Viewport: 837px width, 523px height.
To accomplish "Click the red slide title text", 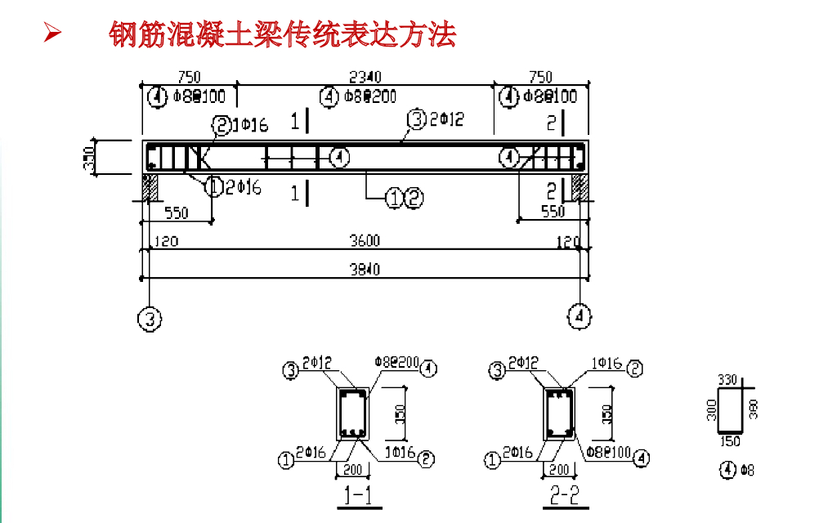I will (x=282, y=35).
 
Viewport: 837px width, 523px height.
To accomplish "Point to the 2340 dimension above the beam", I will (x=365, y=77).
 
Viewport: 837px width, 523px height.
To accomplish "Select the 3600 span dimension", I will (x=365, y=242).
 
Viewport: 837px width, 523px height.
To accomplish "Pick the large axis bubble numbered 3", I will (x=149, y=319).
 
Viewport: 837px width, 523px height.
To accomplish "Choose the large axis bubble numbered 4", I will (x=580, y=315).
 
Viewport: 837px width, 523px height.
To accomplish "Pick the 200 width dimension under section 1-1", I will (x=352, y=469).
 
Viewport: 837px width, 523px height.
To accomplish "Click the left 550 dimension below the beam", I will (x=176, y=213).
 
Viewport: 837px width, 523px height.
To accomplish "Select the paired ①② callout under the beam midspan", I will (x=405, y=198).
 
